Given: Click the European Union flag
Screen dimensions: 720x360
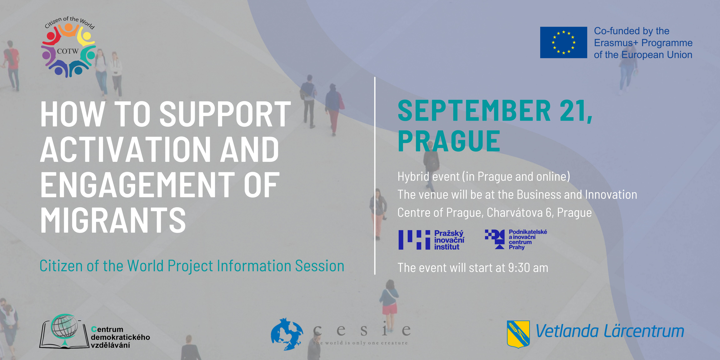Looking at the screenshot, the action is (563, 42).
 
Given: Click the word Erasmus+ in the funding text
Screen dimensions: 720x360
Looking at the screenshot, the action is (617, 43).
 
